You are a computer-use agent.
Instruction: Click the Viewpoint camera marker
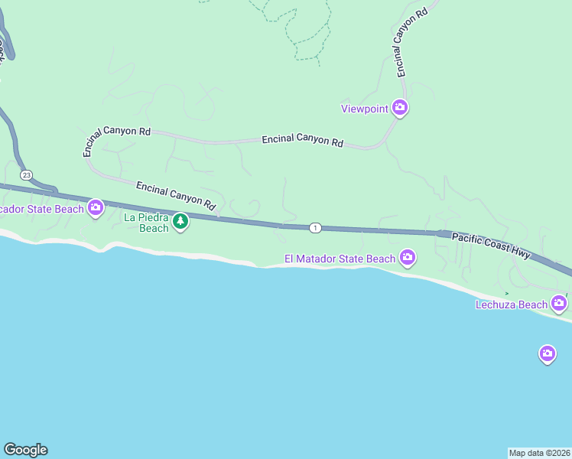(399, 108)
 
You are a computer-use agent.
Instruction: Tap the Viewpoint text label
(365, 109)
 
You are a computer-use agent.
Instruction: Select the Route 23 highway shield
(27, 174)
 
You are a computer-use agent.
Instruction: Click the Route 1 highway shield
(314, 227)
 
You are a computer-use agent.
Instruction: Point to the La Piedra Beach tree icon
(180, 222)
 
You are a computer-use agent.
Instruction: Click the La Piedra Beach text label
(145, 223)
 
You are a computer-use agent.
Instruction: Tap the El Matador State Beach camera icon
(408, 258)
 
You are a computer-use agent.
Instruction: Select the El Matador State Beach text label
(340, 259)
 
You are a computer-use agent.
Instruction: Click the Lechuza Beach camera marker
(559, 304)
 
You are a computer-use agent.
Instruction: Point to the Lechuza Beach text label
(512, 304)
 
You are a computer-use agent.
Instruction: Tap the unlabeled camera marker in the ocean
(547, 353)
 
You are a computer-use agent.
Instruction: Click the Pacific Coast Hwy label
(491, 246)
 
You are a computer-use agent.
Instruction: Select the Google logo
(25, 450)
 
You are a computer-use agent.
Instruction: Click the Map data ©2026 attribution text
(540, 452)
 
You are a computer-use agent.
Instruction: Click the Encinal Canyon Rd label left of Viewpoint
(301, 141)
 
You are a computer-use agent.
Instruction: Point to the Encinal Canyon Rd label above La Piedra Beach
(176, 195)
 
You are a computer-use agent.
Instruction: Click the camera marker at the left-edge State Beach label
(96, 207)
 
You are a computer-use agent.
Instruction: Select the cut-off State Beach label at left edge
(41, 209)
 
